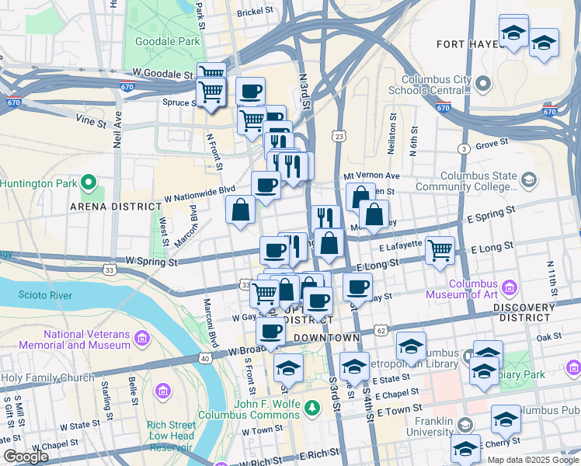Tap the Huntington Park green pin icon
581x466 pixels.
[x=89, y=184]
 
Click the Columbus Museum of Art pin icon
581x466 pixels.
[x=510, y=286]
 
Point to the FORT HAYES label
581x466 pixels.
[x=467, y=43]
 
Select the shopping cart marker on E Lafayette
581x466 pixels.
[x=440, y=250]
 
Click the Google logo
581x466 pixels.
[x=26, y=457]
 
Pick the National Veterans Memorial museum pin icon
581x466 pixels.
[x=142, y=339]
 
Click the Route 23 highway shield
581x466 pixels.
[x=339, y=135]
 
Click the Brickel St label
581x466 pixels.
[x=256, y=12]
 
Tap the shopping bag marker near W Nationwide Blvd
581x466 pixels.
[x=240, y=210]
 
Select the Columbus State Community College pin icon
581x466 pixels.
[x=529, y=180]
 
